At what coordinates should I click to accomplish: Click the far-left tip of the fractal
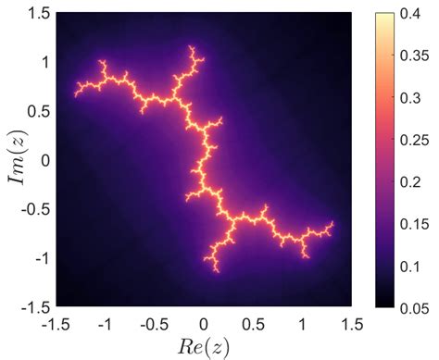click(x=76, y=93)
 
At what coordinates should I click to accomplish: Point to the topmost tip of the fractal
click(x=192, y=45)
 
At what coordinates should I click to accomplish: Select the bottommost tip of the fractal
click(x=216, y=271)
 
